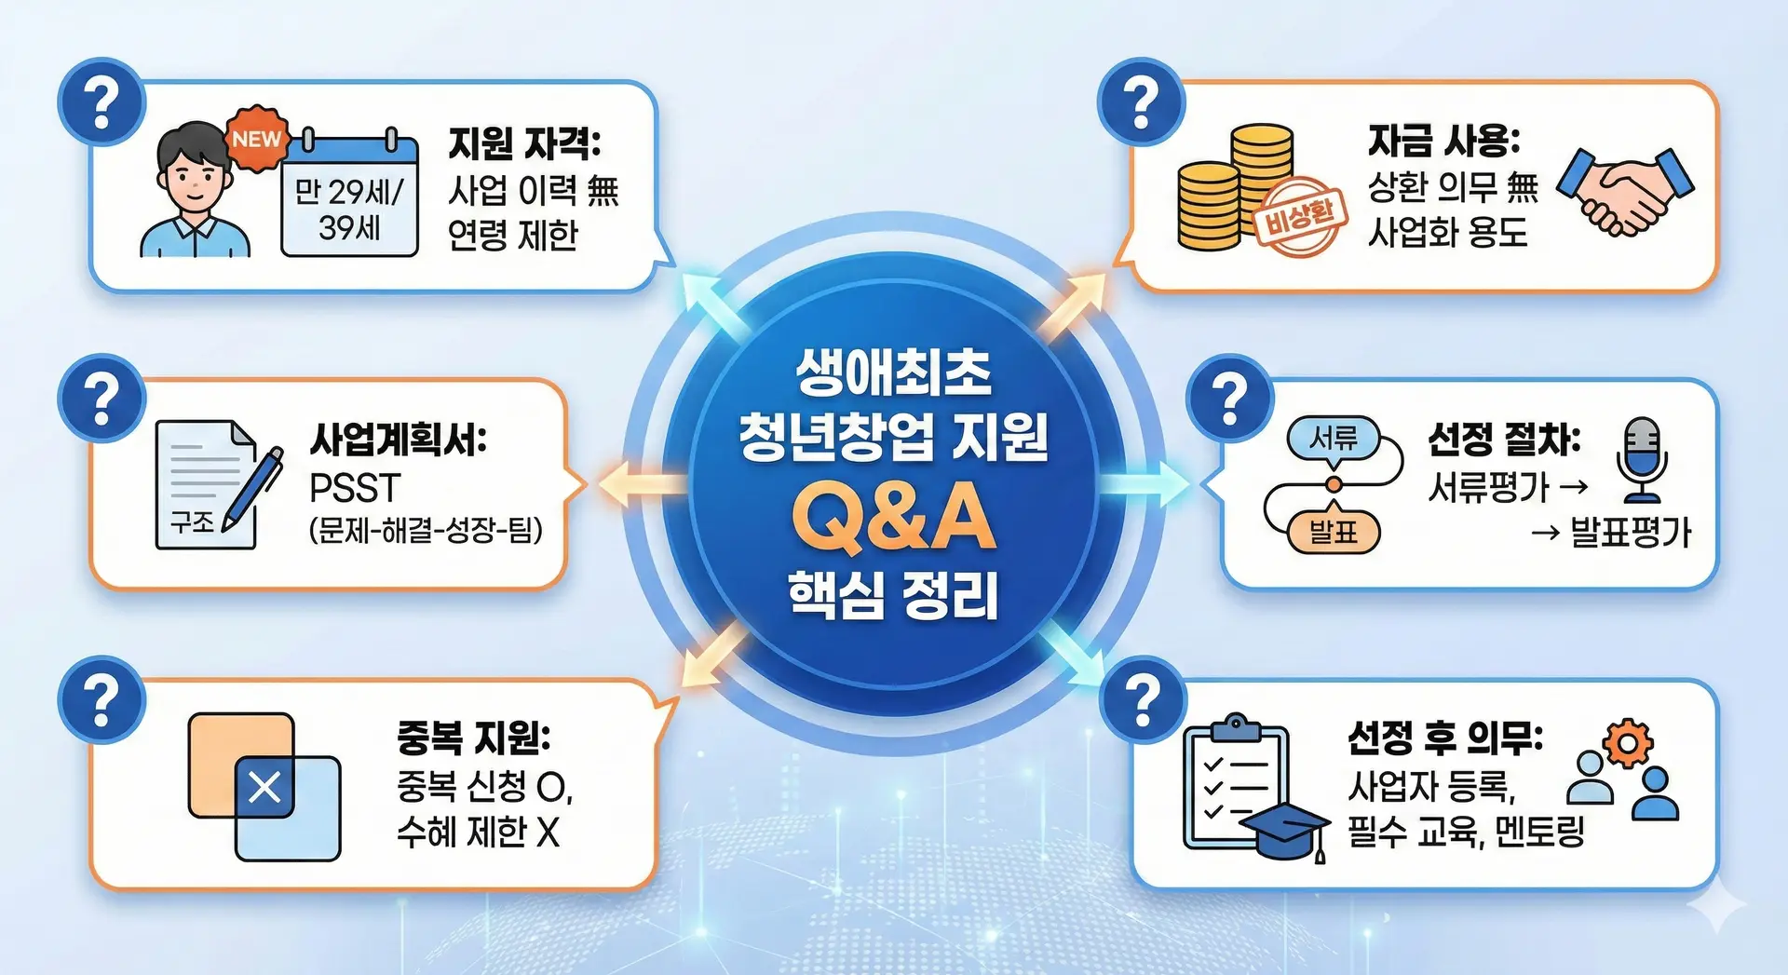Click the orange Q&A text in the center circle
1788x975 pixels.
click(x=893, y=518)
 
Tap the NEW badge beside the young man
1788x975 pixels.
click(x=257, y=140)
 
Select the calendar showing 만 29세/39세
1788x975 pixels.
click(x=350, y=193)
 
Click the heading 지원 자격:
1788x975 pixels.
click(x=525, y=143)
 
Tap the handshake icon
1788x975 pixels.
click(x=1625, y=190)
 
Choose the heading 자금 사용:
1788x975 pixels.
click(x=1443, y=142)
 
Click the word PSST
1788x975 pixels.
click(x=355, y=488)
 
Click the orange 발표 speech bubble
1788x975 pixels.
click(x=1334, y=532)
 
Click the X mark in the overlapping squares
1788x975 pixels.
click(x=264, y=788)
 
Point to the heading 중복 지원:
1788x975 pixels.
click(x=474, y=738)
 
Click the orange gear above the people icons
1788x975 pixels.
click(x=1627, y=743)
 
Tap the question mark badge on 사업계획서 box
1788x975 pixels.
click(x=102, y=399)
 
